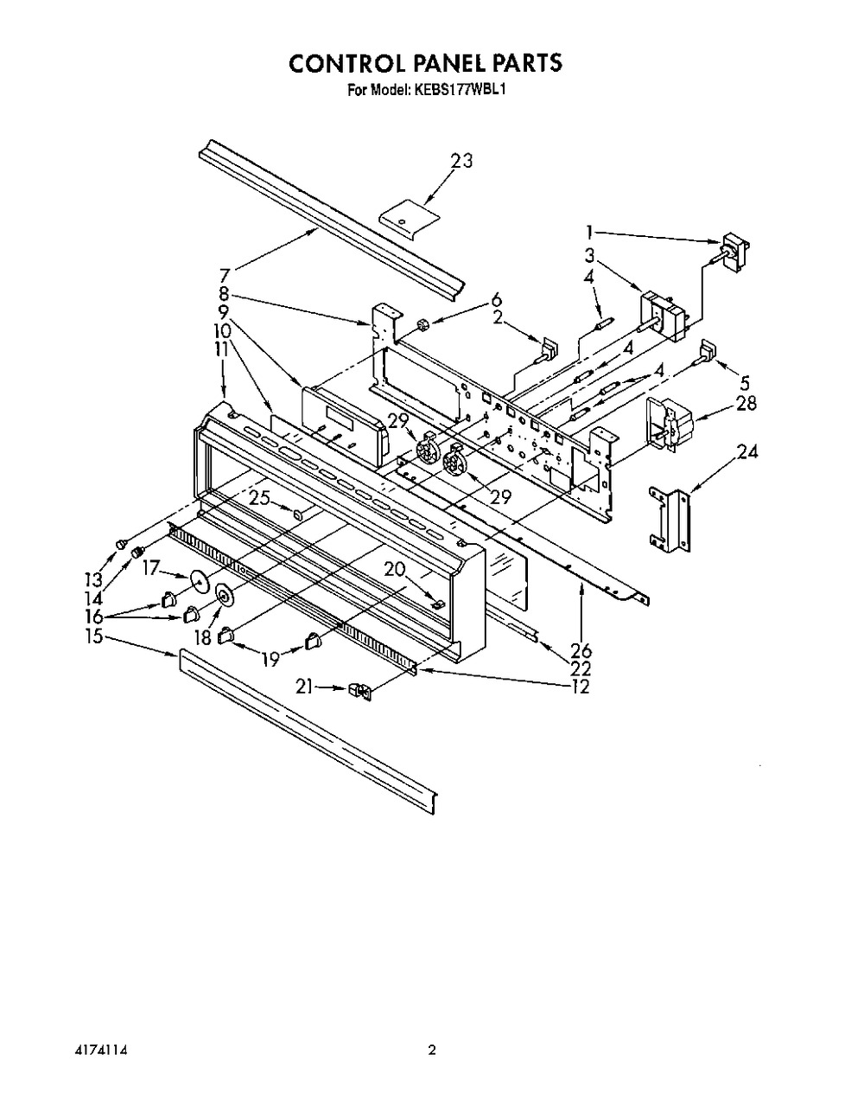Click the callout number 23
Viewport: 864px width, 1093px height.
point(461,161)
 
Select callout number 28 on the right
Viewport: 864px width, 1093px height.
point(745,404)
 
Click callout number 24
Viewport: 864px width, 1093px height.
point(746,451)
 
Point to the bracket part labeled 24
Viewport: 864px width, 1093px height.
point(670,521)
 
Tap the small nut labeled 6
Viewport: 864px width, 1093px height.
point(421,324)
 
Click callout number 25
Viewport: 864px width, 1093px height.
point(259,498)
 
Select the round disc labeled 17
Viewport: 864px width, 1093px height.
point(200,580)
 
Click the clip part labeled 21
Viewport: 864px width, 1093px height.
point(359,692)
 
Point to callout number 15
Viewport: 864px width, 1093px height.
point(94,636)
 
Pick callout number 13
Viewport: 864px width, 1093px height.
point(94,579)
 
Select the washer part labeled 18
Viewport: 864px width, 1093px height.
point(224,594)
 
